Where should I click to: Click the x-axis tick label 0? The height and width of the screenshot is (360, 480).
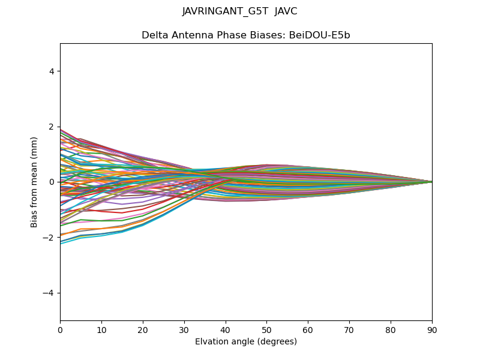(60, 329)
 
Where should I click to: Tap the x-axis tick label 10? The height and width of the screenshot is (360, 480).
(101, 329)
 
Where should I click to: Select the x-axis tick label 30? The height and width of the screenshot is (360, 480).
(184, 329)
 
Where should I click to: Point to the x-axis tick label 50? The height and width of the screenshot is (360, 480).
(266, 329)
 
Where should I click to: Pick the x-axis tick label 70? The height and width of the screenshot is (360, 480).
(349, 329)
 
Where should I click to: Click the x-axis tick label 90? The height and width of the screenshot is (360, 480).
(432, 329)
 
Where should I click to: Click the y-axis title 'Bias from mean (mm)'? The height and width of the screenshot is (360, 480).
(35, 182)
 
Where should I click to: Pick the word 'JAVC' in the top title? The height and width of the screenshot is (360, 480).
(286, 11)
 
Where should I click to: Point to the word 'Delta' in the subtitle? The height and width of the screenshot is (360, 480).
(154, 35)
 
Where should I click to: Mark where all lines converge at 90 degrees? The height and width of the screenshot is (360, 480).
(431, 182)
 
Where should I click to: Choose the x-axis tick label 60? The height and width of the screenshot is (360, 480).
(308, 329)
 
